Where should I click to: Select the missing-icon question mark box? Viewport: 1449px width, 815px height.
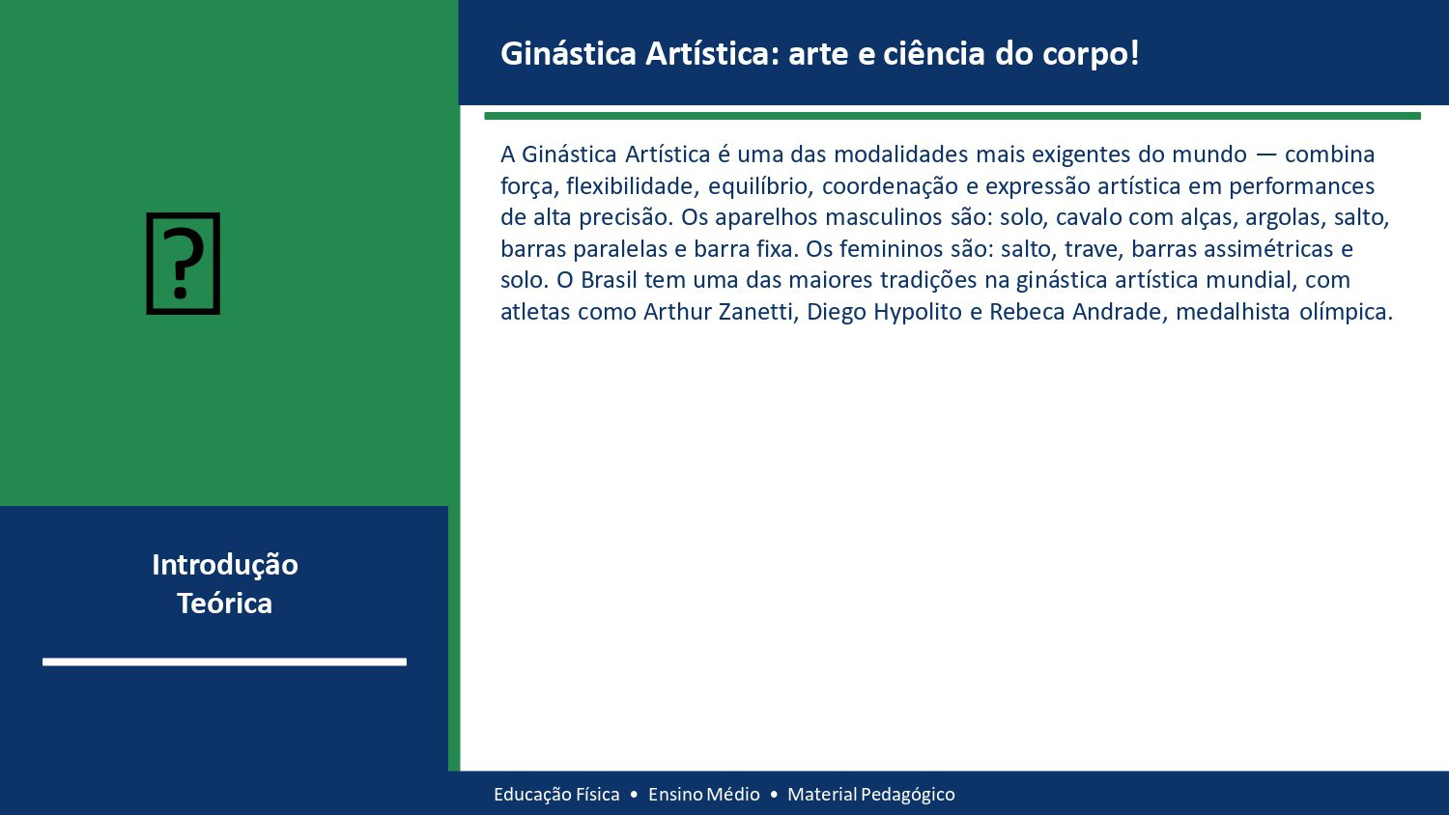pyautogui.click(x=184, y=264)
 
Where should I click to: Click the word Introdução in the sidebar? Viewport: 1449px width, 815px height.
pyautogui.click(x=224, y=565)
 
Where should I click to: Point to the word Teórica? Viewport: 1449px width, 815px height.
pyautogui.click(x=224, y=604)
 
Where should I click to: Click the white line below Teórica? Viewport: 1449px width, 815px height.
pyautogui.click(x=224, y=661)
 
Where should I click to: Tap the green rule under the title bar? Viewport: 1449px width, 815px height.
pyautogui.click(x=952, y=116)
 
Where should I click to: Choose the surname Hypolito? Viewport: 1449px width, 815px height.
pyautogui.click(x=918, y=312)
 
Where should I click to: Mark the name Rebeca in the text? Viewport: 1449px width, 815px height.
pyautogui.click(x=1025, y=312)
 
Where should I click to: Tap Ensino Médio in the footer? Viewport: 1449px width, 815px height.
pyautogui.click(x=704, y=795)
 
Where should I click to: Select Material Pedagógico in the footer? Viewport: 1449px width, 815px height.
pyautogui.click(x=871, y=795)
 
